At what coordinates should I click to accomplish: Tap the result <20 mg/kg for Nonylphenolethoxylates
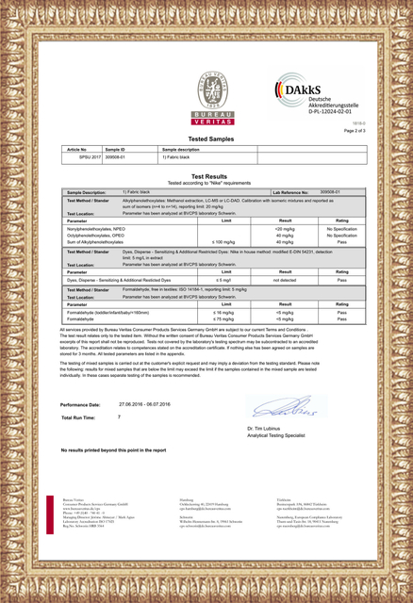(285, 229)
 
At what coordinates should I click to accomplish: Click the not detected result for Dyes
(285, 281)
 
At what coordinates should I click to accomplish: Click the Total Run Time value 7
(120, 416)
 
